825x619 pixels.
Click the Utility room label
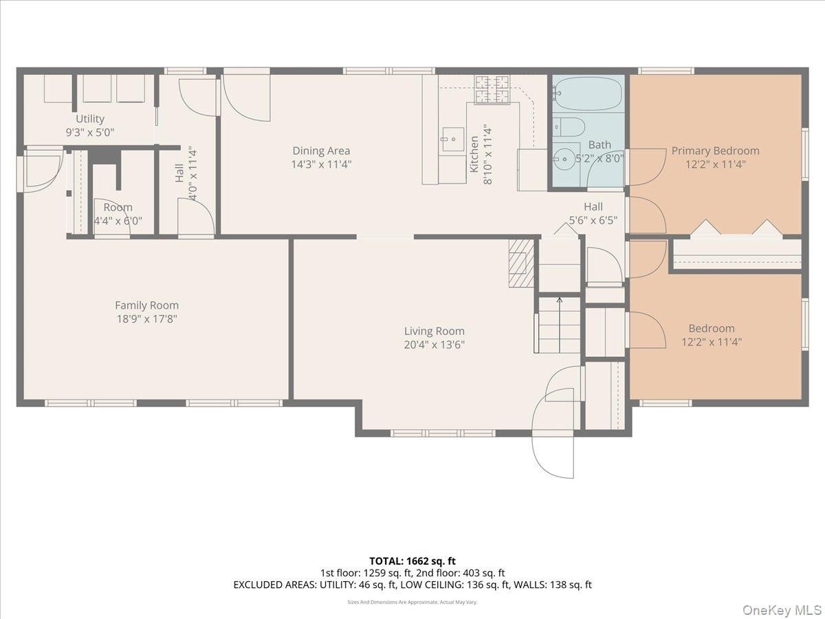point(90,119)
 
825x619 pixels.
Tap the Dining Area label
point(321,151)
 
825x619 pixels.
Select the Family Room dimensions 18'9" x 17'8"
point(147,319)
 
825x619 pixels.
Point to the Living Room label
point(434,331)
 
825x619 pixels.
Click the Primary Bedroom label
point(715,151)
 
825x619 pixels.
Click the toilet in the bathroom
point(569,127)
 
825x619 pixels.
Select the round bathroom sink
point(564,159)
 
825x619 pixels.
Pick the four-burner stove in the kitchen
point(492,89)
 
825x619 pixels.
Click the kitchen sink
point(453,139)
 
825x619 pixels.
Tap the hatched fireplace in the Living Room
point(521,263)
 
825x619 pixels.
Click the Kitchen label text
point(474,154)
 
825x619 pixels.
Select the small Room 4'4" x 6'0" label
point(118,214)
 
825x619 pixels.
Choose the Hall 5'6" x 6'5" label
point(593,213)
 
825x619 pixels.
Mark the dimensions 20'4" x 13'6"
point(434,345)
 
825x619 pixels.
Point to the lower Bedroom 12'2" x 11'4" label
point(712,335)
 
